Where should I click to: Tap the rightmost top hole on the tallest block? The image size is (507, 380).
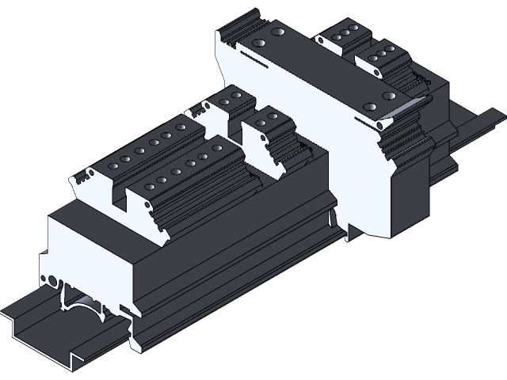tap(387, 95)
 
